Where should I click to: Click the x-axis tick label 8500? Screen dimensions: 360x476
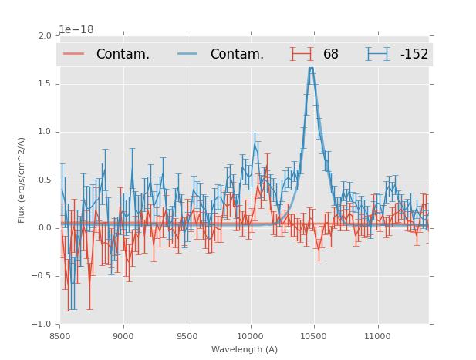(59, 336)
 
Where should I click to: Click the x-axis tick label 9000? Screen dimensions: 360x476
(123, 336)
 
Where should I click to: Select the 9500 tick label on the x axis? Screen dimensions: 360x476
(187, 336)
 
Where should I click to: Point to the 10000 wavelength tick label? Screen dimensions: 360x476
(250, 336)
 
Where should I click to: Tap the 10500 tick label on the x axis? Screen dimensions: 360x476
(314, 336)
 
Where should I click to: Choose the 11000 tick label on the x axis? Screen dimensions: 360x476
(377, 336)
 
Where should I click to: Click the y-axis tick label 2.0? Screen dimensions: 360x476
(45, 36)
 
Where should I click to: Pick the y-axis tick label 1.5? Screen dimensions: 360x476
(45, 84)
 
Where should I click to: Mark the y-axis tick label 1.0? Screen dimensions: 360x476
(45, 132)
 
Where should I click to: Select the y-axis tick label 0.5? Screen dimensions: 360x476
(45, 180)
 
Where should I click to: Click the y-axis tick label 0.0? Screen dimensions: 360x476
(45, 228)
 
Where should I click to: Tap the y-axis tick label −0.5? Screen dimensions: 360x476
(42, 276)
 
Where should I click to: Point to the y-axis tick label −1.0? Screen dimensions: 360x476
(42, 324)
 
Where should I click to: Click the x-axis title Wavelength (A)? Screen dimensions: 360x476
(245, 349)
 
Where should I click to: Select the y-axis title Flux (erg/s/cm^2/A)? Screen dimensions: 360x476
(22, 180)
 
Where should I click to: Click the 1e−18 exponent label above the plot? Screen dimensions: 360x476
(76, 30)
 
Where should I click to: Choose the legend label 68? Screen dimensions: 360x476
(331, 54)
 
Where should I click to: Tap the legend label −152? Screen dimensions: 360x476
(414, 54)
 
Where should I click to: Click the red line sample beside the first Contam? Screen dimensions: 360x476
(74, 54)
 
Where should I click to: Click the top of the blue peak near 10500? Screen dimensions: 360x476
(311, 68)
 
